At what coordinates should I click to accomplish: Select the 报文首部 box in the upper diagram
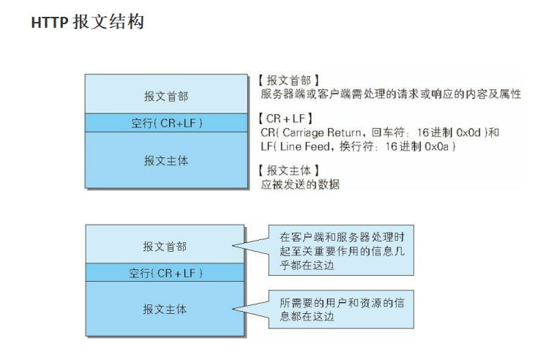[165, 95]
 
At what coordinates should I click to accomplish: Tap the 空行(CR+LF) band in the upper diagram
[165, 123]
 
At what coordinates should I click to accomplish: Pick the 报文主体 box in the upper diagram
[165, 160]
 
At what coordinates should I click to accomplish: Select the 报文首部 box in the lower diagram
[165, 246]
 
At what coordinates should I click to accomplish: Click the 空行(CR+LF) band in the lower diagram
[165, 273]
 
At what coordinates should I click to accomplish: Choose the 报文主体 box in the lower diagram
[165, 309]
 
